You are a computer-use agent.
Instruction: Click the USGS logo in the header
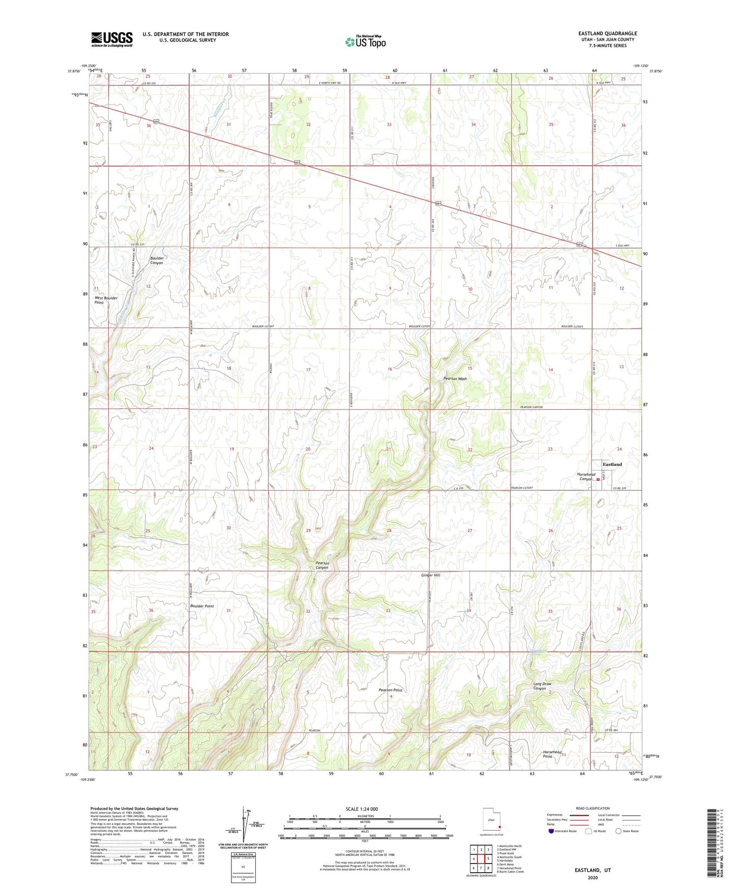pos(112,39)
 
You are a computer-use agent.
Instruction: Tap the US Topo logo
pos(365,42)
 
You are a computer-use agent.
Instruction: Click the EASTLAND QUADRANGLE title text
pos(608,34)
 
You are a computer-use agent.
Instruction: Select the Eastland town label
pos(612,464)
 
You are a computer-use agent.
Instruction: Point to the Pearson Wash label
pos(455,379)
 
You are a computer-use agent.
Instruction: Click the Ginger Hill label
pos(430,575)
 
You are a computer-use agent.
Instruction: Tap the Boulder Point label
pos(202,606)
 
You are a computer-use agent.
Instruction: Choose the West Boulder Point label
pos(106,300)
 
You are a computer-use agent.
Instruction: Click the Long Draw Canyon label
pos(542,686)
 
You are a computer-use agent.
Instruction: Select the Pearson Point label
pos(391,690)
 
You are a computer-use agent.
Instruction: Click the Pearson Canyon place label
pos(322,565)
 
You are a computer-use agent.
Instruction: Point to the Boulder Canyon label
pos(157,260)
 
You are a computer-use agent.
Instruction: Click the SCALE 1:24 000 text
pos(362,809)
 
